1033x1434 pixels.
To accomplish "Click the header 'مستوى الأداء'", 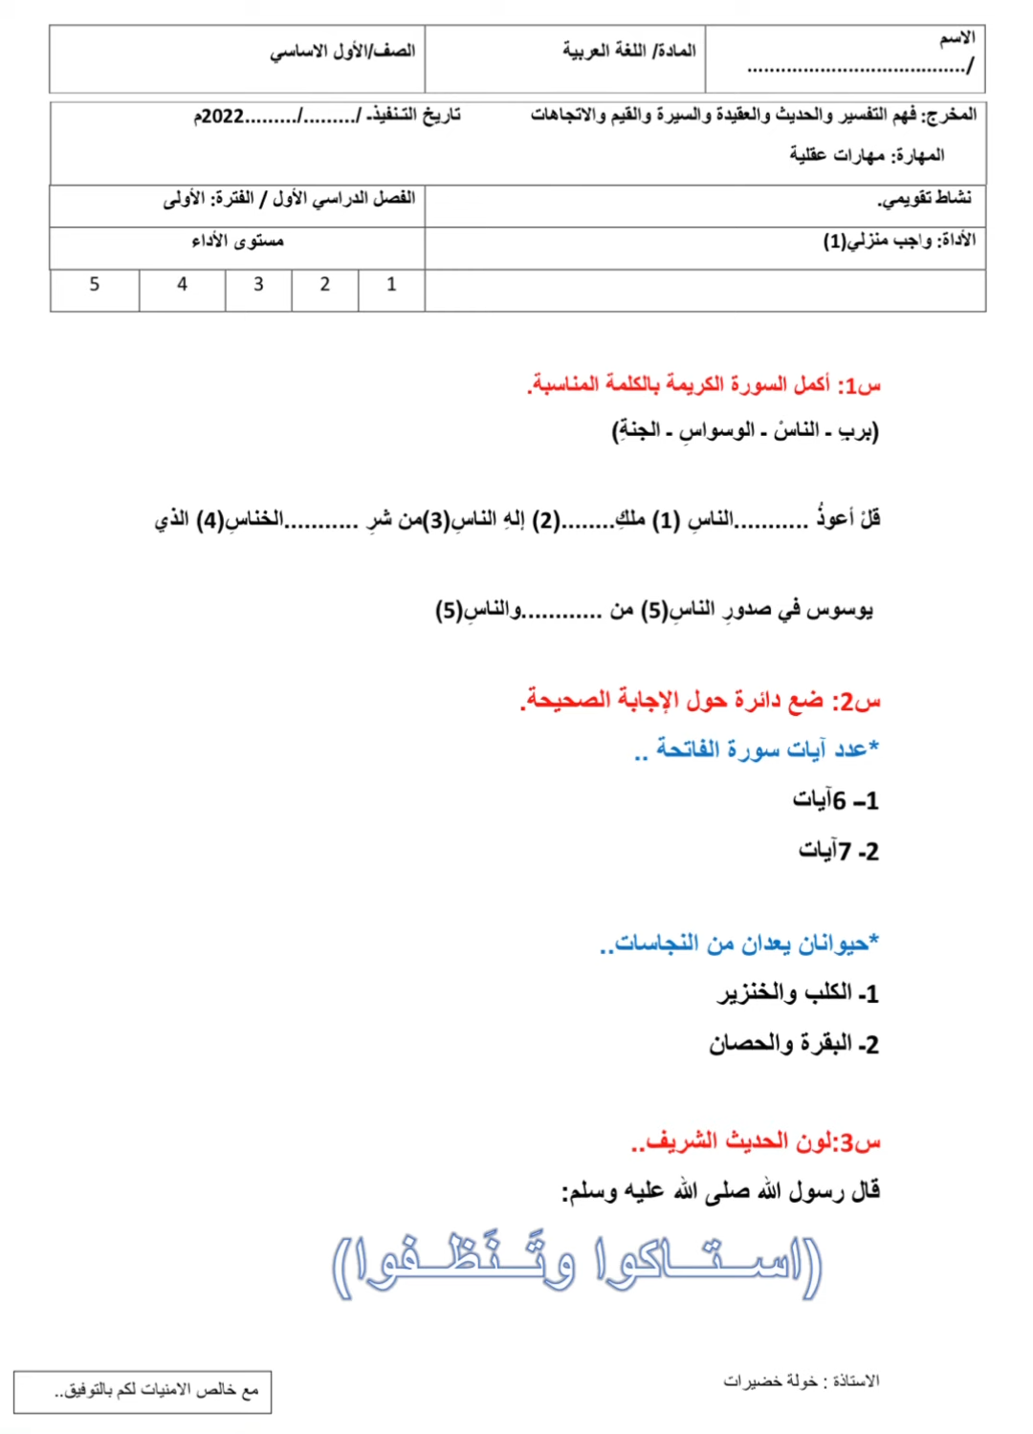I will [x=237, y=241].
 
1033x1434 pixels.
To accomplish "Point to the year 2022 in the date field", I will [x=221, y=117].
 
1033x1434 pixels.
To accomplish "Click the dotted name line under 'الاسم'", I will [x=858, y=68].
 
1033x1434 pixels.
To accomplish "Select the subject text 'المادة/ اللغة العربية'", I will [x=628, y=50].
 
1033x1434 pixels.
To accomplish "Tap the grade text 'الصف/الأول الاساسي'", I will [x=341, y=50].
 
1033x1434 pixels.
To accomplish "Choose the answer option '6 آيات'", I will [x=835, y=800].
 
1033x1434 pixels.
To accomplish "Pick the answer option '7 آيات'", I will [x=838, y=851].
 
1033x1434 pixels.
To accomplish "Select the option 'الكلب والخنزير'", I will [x=798, y=993].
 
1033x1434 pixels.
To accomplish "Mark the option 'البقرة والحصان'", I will [x=793, y=1044].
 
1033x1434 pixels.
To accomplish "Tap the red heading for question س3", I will [x=755, y=1141].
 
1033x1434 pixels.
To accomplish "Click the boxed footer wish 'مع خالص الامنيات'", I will [x=156, y=1390].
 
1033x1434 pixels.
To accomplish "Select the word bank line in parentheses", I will [x=745, y=431].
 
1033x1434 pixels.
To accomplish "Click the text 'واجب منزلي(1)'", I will [x=877, y=240].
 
